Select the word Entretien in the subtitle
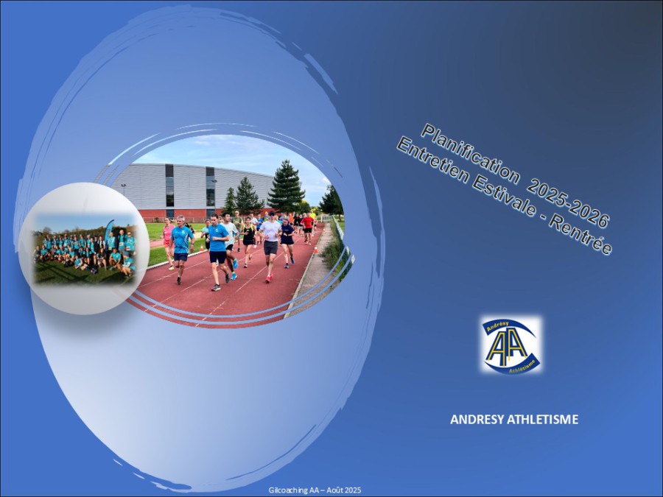[432, 162]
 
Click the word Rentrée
[581, 236]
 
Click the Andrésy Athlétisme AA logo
[511, 345]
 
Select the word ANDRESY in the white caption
[477, 420]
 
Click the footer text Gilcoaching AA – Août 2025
[315, 490]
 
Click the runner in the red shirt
[307, 228]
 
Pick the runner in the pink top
[168, 242]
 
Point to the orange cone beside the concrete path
[315, 250]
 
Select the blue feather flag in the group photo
[109, 230]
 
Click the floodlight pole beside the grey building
[123, 190]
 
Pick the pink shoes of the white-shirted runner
[269, 278]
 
